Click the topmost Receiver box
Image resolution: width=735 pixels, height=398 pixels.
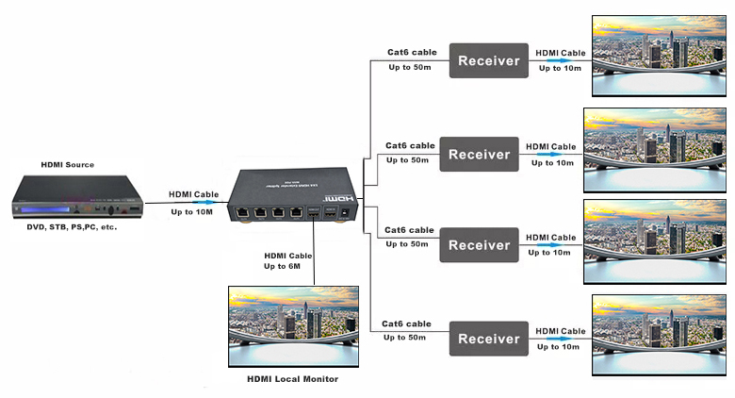(488, 61)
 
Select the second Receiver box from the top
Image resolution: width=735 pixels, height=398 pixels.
(479, 155)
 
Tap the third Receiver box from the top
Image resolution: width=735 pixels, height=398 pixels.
(479, 245)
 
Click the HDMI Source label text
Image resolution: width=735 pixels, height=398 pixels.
(67, 165)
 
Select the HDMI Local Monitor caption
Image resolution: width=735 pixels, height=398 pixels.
(292, 379)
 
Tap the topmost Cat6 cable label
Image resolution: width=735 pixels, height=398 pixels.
(412, 52)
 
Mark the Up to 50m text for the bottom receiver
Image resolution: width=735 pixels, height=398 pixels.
(406, 338)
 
